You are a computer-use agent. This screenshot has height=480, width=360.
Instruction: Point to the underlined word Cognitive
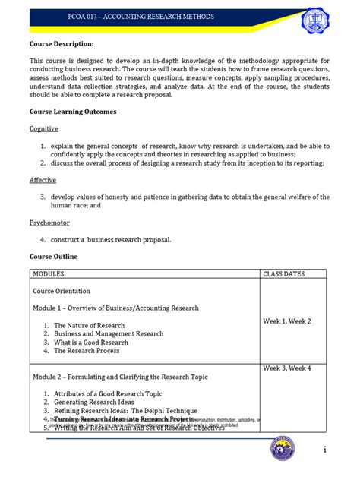coord(44,129)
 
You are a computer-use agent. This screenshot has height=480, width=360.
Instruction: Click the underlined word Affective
coord(43,180)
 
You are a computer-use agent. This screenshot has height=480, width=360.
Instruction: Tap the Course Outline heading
coord(53,257)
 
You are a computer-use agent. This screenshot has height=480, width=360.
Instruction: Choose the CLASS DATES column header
coord(286,273)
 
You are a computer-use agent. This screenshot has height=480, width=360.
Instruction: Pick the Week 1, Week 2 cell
coord(286,321)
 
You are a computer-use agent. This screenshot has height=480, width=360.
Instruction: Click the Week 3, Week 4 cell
coord(286,368)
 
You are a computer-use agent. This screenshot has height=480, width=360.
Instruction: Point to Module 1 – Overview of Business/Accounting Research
coord(115,308)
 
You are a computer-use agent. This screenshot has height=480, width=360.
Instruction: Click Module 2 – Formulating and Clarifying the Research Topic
coord(120,377)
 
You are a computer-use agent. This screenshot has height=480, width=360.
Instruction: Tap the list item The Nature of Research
coord(89,325)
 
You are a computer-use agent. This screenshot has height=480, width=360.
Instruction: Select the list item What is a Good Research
coord(91,343)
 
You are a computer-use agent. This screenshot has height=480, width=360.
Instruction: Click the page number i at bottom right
coord(324,450)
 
